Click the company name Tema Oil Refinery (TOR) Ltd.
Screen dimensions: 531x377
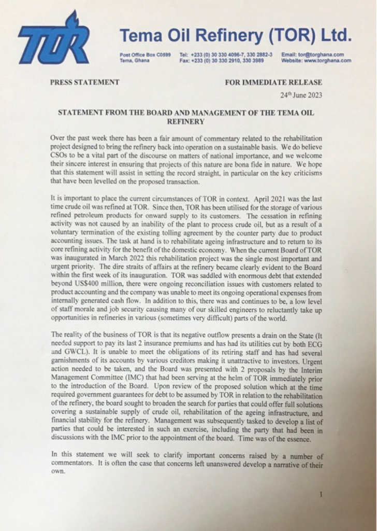point(236,36)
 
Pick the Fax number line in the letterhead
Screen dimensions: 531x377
point(222,60)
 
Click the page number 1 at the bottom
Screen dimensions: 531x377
point(321,494)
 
